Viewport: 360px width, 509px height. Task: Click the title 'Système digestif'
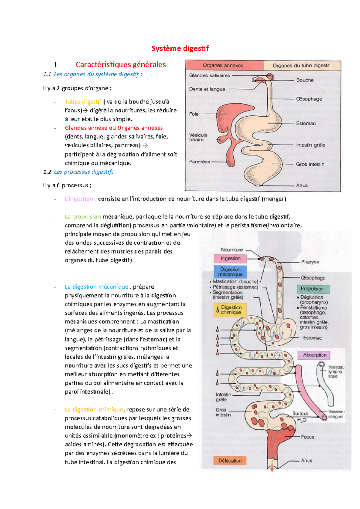180,49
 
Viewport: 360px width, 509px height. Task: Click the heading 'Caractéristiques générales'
121,64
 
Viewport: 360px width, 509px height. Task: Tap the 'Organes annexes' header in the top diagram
223,65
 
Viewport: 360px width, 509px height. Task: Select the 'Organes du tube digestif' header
301,65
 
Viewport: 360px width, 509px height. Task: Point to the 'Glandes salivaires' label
209,76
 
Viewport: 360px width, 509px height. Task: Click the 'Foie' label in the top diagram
194,114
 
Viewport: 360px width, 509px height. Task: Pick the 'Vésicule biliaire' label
198,137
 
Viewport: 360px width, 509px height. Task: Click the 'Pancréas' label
199,162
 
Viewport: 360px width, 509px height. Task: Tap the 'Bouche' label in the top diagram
305,80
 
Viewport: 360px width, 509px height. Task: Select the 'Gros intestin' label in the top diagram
310,164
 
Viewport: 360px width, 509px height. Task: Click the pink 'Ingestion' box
230,258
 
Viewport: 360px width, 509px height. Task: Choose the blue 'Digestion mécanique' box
230,272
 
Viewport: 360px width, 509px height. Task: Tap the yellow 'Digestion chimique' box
230,310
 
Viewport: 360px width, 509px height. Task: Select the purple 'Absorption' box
314,355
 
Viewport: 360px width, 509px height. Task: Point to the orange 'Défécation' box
230,461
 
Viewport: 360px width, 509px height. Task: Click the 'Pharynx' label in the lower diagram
310,262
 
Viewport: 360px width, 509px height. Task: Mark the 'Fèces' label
307,437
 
